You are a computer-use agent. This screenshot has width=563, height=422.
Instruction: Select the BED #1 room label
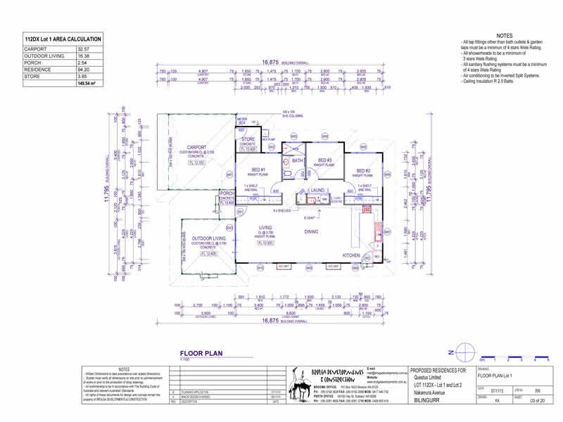[x=258, y=170]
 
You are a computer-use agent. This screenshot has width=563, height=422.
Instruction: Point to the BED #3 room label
[x=324, y=160]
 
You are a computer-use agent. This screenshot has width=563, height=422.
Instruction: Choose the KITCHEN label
[x=351, y=255]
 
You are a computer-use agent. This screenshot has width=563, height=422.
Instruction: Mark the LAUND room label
[x=317, y=190]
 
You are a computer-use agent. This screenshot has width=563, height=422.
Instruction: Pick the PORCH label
[x=226, y=193]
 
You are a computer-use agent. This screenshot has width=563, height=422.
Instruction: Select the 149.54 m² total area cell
[x=86, y=84]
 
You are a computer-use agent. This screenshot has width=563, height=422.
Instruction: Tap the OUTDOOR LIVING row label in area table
[x=44, y=56]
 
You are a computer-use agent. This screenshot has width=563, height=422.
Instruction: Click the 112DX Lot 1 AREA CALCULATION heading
[x=63, y=39]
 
